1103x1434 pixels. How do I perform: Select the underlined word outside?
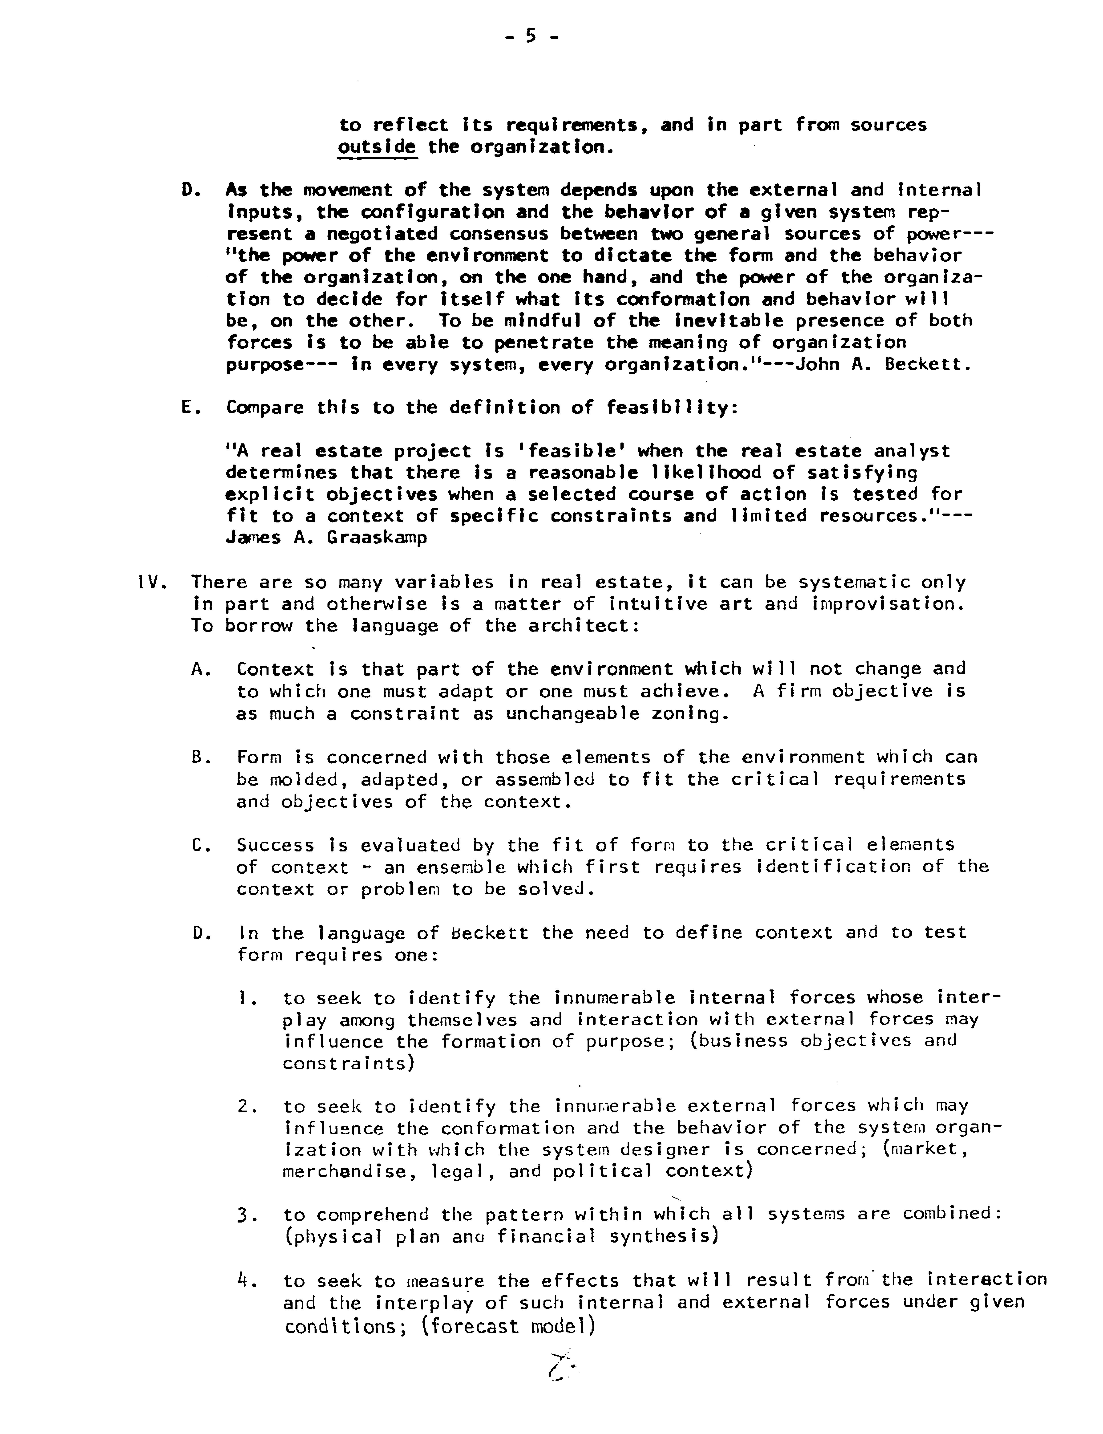coord(377,146)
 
